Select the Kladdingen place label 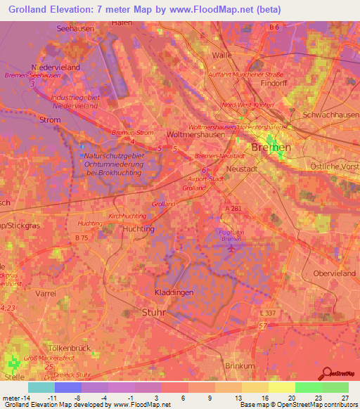(174, 292)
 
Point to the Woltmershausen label (193, 134)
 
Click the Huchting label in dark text (138, 229)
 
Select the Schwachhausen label (330, 115)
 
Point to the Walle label (221, 54)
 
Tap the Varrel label (46, 292)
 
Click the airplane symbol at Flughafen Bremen (235, 245)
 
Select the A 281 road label (233, 209)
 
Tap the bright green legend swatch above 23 (308, 387)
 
